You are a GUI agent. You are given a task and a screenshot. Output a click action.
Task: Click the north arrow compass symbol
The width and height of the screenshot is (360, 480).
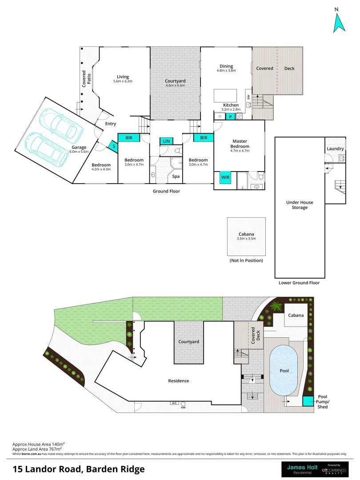pos(340,23)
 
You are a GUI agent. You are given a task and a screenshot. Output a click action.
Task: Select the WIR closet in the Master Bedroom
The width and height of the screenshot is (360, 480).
pos(225,177)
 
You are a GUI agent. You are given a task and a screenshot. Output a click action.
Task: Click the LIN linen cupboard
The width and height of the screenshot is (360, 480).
pos(166,141)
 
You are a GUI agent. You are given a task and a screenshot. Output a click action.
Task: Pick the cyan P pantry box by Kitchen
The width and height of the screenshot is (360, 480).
pos(230,117)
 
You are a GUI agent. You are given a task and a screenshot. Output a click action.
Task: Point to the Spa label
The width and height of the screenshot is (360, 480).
pos(176,176)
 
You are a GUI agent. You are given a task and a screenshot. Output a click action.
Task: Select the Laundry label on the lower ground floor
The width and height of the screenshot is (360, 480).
pos(335,148)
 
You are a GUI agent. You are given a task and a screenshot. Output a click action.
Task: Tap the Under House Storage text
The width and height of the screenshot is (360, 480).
pos(300,205)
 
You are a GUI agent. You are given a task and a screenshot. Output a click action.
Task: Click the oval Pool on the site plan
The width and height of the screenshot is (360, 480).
pos(284,370)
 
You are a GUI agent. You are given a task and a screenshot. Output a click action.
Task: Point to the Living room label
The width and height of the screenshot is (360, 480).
pos(123,76)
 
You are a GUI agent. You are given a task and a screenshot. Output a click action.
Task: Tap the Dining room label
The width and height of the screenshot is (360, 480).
pos(226,67)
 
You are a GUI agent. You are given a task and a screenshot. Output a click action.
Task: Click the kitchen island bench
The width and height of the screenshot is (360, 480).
pos(225,96)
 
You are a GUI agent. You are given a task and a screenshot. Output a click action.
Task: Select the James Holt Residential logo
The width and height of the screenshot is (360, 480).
pos(299,469)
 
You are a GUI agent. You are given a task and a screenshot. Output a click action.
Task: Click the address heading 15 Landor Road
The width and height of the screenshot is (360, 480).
pos(78,469)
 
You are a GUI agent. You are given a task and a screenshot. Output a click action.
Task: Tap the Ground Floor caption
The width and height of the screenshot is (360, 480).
pos(166,191)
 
